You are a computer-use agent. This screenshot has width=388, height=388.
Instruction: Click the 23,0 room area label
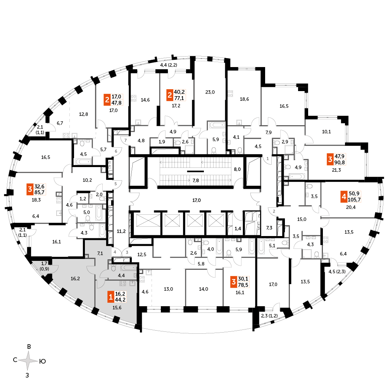pos(210,92)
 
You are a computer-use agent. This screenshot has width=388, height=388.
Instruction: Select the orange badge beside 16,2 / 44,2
pos(111,297)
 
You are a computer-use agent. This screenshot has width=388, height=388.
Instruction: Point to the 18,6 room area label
pos(244,99)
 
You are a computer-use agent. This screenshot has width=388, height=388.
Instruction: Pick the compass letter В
pos(29,347)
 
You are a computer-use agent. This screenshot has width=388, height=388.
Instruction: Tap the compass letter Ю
pos(43,362)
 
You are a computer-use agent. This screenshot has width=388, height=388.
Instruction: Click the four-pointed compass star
pos(29,361)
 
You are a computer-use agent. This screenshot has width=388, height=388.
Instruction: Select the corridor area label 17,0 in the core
pos(197,200)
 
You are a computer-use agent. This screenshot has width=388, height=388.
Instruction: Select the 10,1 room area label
pos(326,132)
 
